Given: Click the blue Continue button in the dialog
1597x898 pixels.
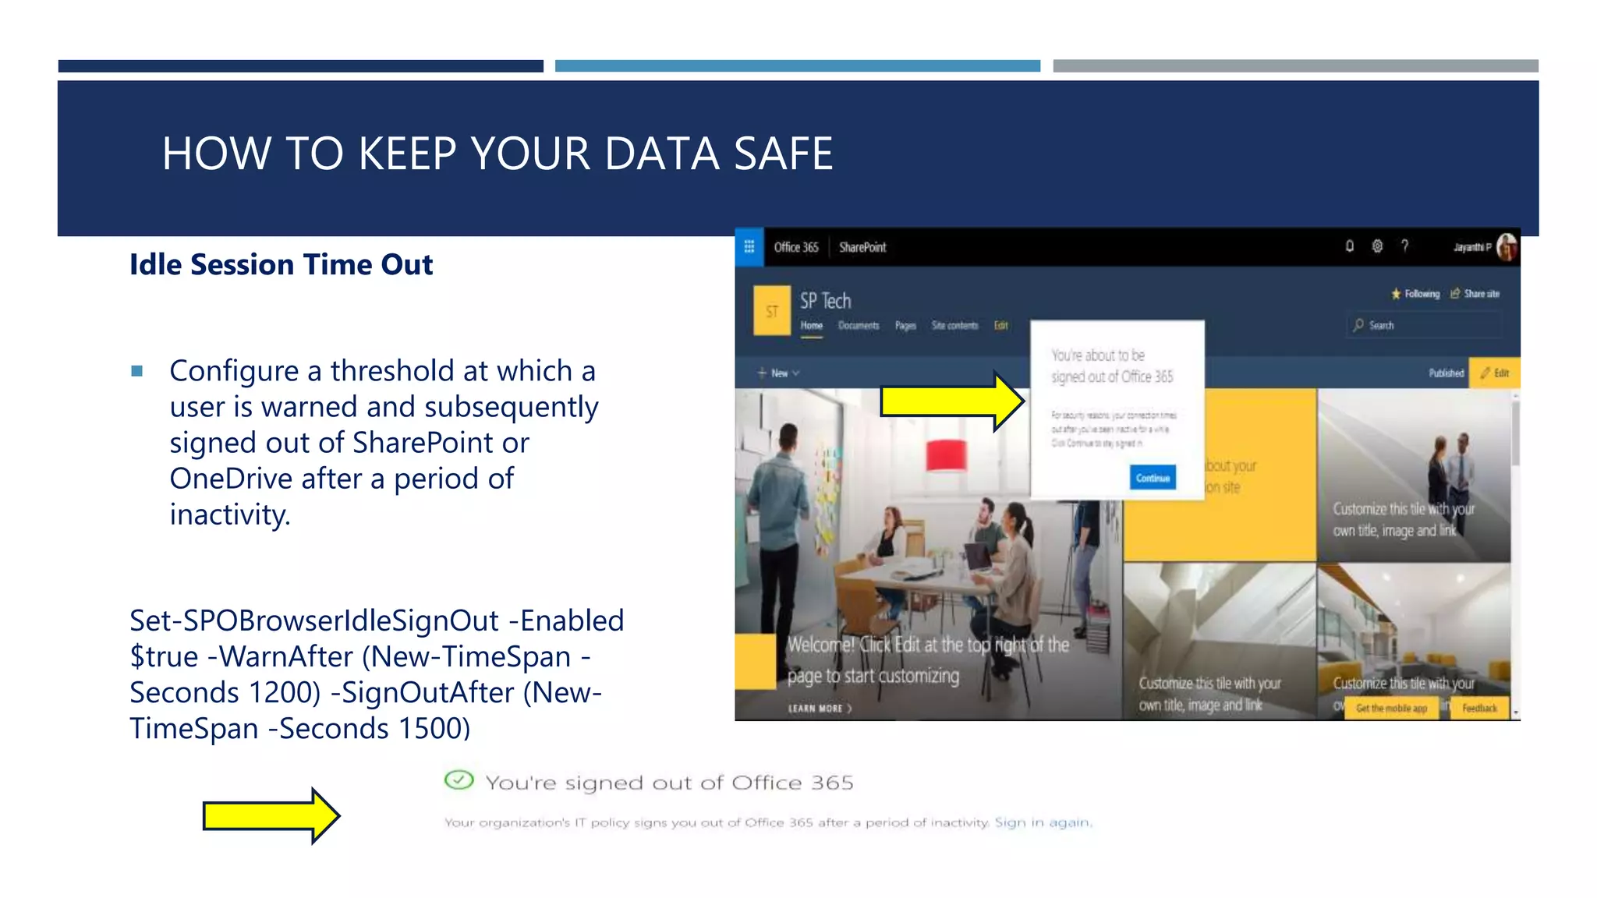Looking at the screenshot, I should [1152, 478].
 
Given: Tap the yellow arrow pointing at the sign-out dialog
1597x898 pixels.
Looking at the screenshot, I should [951, 401].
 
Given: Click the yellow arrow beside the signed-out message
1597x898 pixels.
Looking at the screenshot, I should [270, 816].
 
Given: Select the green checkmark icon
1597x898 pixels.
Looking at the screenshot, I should [459, 780].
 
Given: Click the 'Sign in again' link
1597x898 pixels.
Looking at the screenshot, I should [1043, 822].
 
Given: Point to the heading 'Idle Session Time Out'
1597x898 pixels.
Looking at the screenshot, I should [281, 265].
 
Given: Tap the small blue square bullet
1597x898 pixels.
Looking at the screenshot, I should [137, 371].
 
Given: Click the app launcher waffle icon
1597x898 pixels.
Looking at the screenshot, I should [749, 247].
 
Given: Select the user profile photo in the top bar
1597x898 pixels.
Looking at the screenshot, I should [1507, 247].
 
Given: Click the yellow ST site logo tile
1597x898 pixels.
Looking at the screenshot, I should [772, 311].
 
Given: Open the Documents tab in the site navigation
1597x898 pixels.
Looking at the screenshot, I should [859, 326].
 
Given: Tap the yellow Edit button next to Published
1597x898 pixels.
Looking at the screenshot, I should [1494, 373].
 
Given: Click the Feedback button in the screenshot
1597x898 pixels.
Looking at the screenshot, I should [1478, 708].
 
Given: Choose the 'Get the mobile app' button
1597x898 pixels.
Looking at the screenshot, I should [1391, 708].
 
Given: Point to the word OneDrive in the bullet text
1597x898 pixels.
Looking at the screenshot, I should [231, 479].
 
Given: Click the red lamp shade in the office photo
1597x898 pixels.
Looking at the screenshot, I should [946, 455].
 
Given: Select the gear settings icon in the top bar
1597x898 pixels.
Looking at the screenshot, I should [1377, 246].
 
